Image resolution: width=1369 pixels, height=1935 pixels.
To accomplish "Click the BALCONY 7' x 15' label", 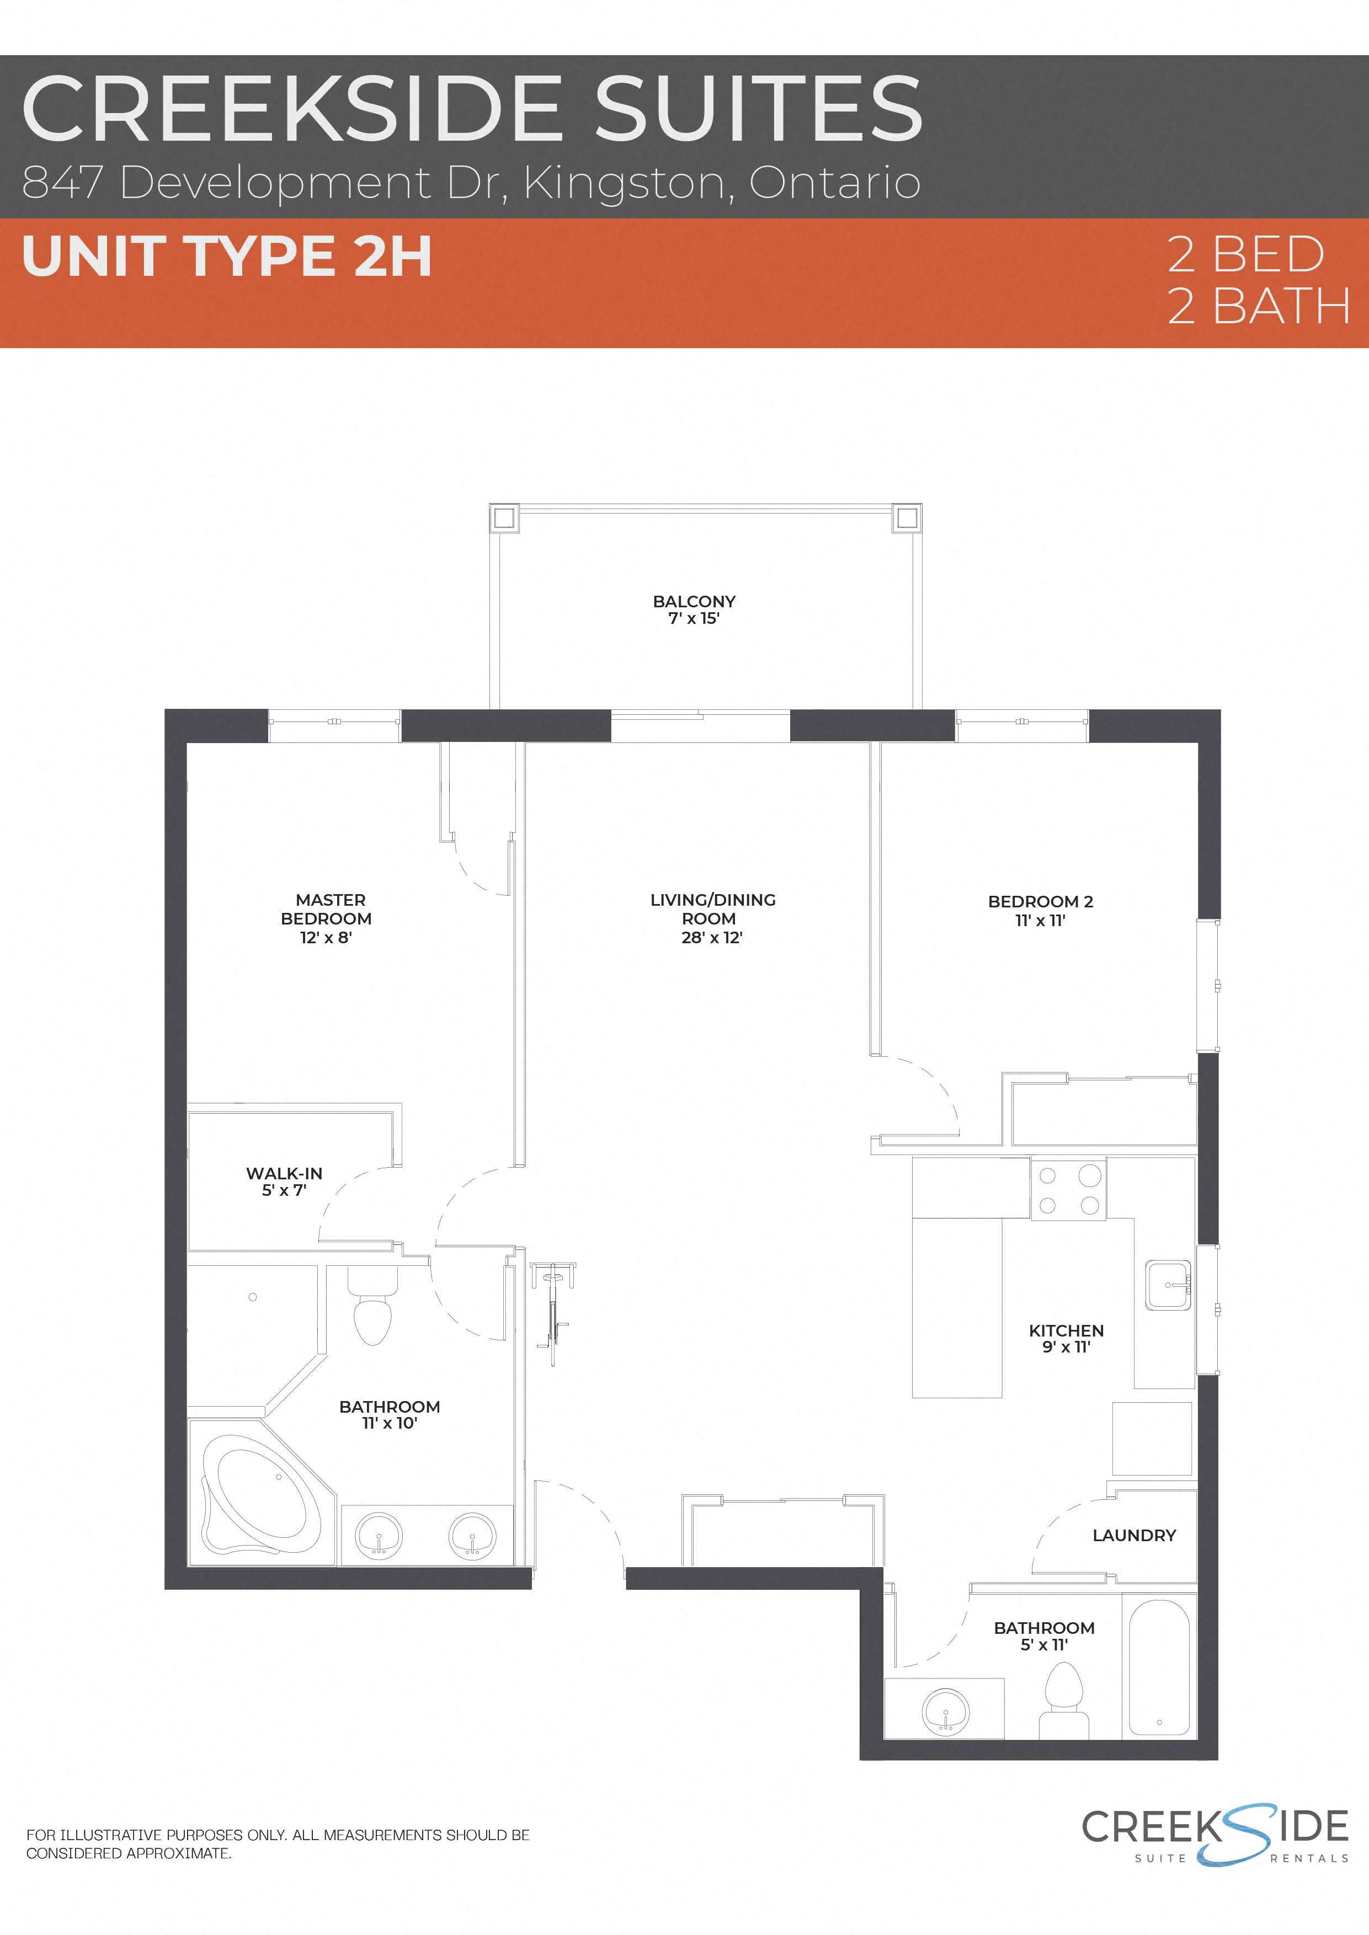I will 694,610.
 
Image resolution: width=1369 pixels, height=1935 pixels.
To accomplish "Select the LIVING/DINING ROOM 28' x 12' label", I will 712,918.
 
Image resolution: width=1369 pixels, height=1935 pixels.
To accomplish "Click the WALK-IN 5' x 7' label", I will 284,1182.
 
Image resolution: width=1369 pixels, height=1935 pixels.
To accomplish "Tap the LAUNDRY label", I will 1134,1536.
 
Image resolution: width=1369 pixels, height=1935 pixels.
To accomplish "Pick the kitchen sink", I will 1168,1285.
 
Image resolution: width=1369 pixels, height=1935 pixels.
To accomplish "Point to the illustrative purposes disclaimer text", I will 278,1844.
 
